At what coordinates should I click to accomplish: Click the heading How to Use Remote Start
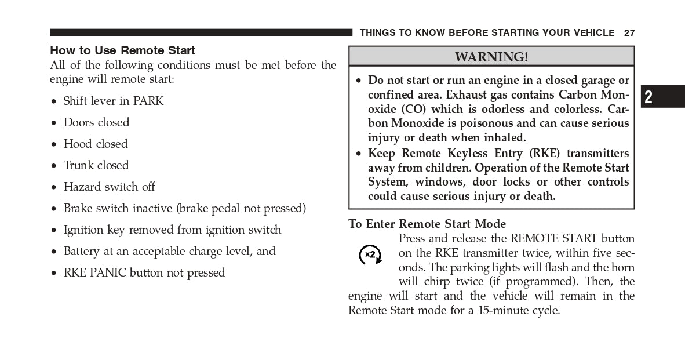[122, 50]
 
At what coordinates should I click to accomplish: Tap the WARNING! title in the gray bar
[491, 57]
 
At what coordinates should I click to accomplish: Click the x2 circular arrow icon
[370, 254]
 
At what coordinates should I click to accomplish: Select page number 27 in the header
[629, 33]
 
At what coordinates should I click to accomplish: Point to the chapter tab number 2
[648, 97]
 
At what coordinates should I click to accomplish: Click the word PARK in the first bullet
[148, 101]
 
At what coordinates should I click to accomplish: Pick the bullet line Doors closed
[96, 122]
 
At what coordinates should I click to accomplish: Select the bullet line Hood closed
[96, 144]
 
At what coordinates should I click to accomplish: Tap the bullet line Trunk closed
[96, 165]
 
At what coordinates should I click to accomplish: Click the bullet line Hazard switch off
[109, 187]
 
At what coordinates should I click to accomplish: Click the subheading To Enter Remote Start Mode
[427, 224]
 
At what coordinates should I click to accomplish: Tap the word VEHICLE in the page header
[592, 33]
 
